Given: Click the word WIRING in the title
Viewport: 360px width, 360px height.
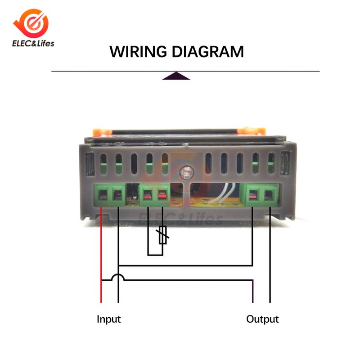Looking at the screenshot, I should tap(139, 51).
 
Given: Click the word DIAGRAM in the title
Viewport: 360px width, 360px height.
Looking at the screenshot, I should tap(207, 51).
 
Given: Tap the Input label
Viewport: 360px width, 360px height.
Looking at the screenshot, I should tap(109, 319).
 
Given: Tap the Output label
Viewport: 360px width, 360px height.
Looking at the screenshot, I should tap(262, 319).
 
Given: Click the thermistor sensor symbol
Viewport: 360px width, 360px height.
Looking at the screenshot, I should tap(163, 235).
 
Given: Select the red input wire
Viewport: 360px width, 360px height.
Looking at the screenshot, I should tap(101, 252).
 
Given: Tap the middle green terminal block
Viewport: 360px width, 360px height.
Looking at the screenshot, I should tap(154, 194).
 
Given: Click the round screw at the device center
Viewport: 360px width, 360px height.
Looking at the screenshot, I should tap(184, 171).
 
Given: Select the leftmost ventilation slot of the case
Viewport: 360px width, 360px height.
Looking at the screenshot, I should tap(103, 165).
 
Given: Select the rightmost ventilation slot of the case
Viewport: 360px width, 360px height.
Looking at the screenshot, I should tap(271, 164).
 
